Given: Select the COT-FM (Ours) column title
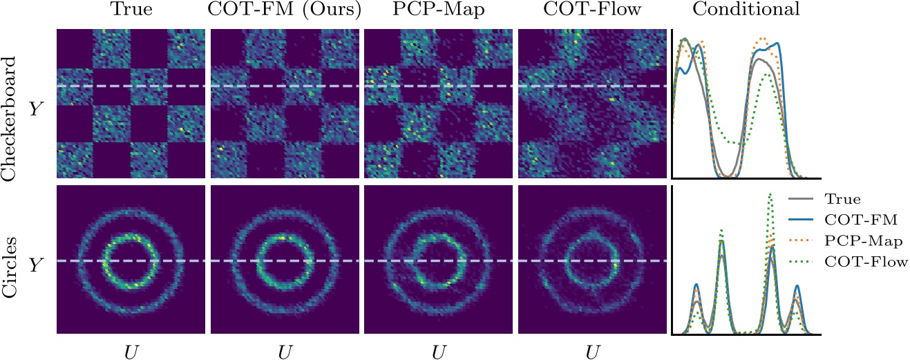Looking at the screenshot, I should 284,10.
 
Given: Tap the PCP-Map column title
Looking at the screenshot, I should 437,10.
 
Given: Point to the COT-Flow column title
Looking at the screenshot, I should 591,10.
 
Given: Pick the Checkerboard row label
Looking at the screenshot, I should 10,104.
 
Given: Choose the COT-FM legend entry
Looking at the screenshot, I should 855,220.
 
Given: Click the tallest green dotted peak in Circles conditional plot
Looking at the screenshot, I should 770,196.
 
